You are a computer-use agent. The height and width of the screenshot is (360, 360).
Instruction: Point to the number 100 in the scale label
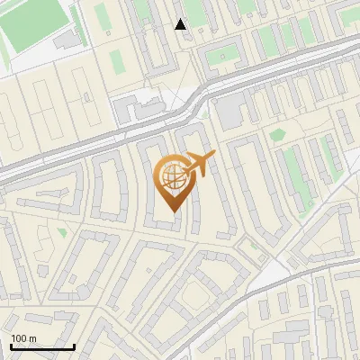20,338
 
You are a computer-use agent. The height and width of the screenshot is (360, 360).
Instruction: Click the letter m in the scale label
32,338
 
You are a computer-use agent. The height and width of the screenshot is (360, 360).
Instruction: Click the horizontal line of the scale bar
42,347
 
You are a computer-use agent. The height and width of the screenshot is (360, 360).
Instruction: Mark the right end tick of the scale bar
74,346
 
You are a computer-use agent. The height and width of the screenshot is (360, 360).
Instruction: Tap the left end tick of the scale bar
11,346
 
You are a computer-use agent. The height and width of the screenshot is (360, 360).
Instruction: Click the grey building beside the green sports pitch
66,40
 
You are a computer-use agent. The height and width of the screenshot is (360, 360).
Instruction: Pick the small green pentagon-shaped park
276,134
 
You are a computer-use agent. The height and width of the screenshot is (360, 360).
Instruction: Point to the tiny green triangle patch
62,232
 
